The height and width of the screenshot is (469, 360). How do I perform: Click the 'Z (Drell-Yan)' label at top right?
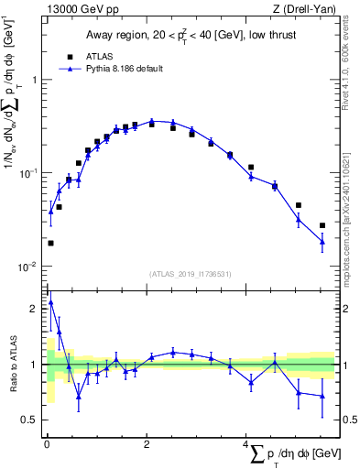303,9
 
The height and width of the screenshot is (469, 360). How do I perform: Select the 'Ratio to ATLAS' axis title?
13,365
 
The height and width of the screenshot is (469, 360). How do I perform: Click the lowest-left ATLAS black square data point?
50,243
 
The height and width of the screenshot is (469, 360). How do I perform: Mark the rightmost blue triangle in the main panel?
322,241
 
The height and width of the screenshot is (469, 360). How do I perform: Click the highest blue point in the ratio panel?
50,301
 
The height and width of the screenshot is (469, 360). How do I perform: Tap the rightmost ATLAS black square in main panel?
322,225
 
